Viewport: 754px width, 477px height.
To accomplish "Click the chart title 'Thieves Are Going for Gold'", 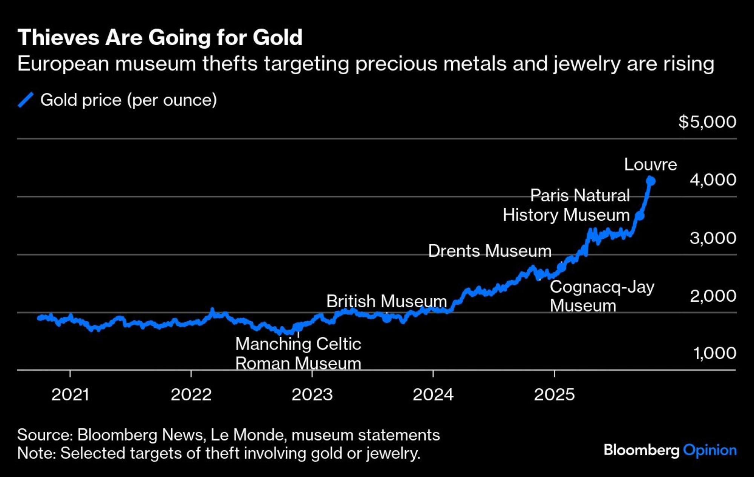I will click(x=160, y=37).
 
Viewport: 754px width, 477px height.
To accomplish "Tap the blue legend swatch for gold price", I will click(x=26, y=100).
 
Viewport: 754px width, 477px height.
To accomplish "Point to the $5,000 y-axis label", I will click(x=707, y=122).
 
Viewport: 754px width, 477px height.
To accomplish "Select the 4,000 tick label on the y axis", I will click(x=713, y=179).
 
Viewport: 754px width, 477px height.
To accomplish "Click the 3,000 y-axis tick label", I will click(x=713, y=238).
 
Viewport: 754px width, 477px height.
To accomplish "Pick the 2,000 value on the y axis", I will click(x=713, y=296).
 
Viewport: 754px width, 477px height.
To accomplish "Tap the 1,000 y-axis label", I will click(x=714, y=353).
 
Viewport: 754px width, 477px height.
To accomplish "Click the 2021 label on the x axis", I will click(x=70, y=395).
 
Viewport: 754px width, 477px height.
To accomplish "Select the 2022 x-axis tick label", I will click(x=191, y=395).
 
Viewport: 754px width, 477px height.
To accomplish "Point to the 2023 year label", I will click(x=312, y=395).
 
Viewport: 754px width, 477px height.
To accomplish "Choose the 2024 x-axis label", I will click(x=433, y=395).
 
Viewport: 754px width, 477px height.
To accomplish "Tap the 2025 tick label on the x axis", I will click(x=554, y=395).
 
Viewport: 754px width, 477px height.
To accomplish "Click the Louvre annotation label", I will click(x=650, y=164).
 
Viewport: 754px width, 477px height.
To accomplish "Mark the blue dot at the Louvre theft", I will click(x=651, y=181).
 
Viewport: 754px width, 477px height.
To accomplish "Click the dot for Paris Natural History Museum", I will click(x=640, y=216).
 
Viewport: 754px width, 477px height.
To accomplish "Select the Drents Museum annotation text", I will click(x=490, y=251).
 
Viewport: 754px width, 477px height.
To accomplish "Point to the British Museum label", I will click(x=386, y=301).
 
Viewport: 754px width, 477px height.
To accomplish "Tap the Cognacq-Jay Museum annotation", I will click(x=602, y=296).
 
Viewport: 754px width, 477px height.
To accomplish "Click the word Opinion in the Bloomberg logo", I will click(x=710, y=450).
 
